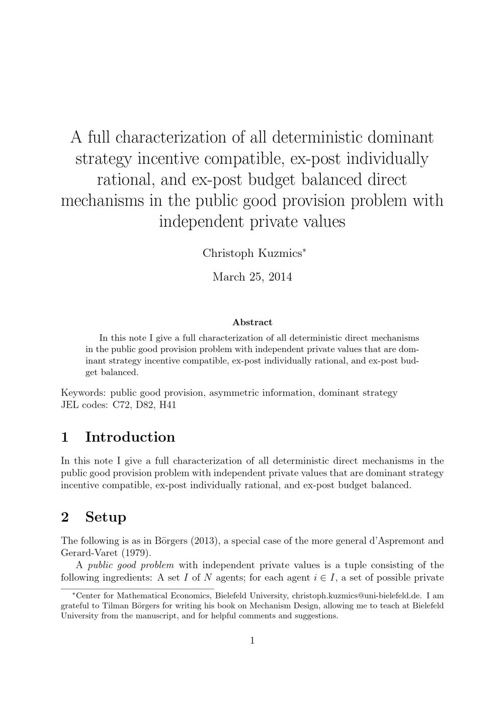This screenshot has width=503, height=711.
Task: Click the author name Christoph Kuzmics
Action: pyautogui.click(x=251, y=253)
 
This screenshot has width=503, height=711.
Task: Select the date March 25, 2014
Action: pyautogui.click(x=252, y=277)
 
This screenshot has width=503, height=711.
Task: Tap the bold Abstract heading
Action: pyautogui.click(x=252, y=322)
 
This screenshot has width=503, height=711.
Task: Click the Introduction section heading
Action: pyautogui.click(x=130, y=437)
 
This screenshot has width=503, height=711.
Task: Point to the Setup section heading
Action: pyautogui.click(x=106, y=517)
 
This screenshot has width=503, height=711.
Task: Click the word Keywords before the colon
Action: pyautogui.click(x=83, y=393)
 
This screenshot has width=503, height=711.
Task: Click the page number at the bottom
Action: pyautogui.click(x=252, y=641)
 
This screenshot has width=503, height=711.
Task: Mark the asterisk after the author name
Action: pyautogui.click(x=303, y=250)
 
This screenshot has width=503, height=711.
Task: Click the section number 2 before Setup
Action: pyautogui.click(x=65, y=517)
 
